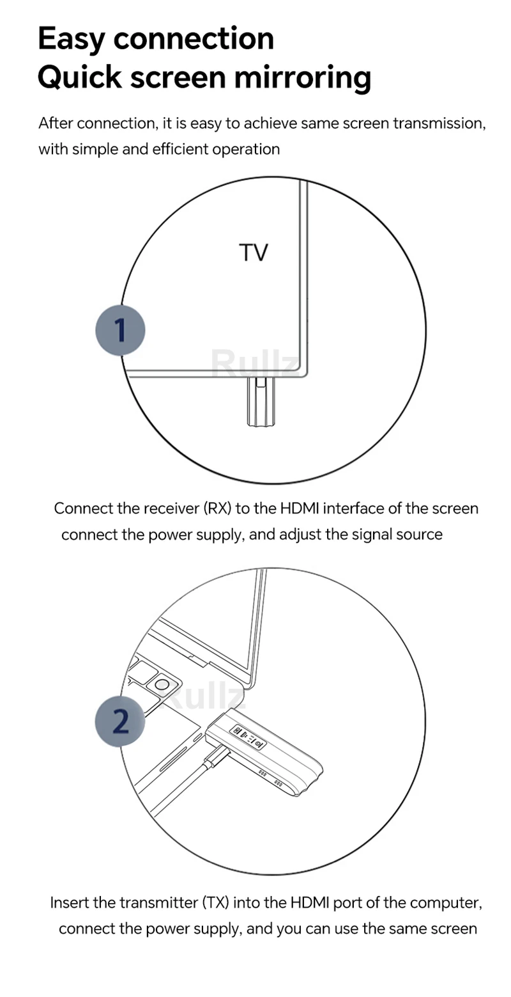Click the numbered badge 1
[120, 331]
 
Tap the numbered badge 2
[120, 721]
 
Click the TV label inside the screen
[254, 253]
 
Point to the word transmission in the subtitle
[438, 123]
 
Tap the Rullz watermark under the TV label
[254, 363]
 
